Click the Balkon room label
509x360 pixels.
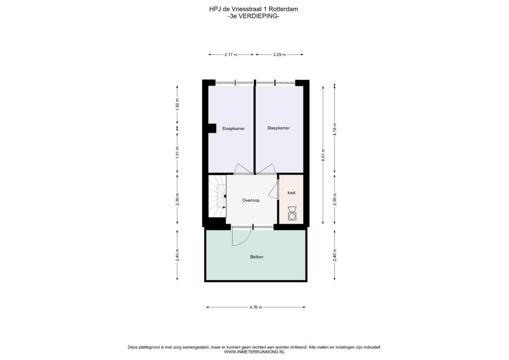(256, 257)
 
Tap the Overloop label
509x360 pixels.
(251, 200)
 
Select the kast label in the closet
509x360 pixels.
(291, 192)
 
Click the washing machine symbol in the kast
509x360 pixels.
(292, 216)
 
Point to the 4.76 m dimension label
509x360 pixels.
(256, 307)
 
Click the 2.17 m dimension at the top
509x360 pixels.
(231, 55)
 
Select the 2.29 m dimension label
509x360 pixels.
(279, 55)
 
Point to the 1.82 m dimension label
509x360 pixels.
(177, 104)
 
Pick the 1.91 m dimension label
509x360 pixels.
(177, 152)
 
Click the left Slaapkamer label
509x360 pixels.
(234, 129)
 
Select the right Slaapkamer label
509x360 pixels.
(278, 128)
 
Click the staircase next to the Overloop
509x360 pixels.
(217, 196)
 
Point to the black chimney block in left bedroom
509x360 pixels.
(212, 128)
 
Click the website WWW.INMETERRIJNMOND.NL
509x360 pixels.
(254, 352)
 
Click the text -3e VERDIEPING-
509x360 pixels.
(254, 16)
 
